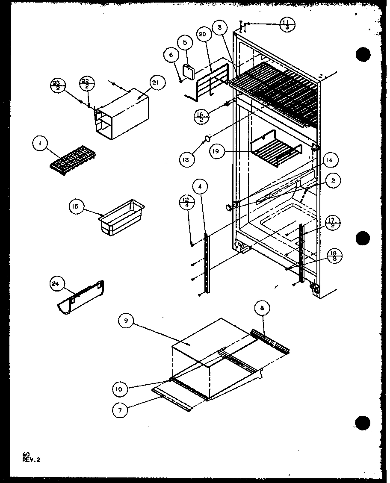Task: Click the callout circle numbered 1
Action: [40, 145]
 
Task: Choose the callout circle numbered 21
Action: [155, 83]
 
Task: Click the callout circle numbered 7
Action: [120, 410]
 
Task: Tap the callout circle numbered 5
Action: [185, 43]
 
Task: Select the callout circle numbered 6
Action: [170, 54]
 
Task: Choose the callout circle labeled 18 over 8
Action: [334, 256]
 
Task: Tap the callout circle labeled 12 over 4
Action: [186, 201]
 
